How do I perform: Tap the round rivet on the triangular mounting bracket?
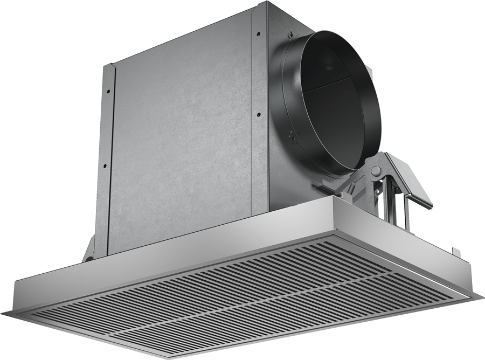(376, 171)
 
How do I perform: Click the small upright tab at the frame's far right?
(456, 251)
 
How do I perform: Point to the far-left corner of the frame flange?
(5, 313)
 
